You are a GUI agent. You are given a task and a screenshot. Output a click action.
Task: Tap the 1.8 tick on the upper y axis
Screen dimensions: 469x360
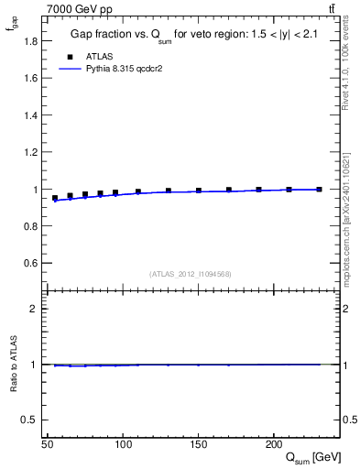(31, 40)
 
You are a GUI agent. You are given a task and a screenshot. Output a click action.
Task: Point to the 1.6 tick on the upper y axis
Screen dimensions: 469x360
(31, 78)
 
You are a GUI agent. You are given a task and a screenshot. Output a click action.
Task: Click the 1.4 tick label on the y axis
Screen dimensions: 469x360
(31, 115)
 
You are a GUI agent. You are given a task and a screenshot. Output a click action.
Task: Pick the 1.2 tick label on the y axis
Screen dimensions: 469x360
(31, 152)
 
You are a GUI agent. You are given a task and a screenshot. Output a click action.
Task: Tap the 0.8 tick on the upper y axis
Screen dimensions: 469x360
(31, 226)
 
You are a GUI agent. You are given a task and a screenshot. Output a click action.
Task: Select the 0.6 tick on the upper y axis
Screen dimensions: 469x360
(31, 263)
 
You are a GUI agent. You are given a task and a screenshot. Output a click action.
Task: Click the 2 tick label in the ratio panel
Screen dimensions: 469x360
(34, 309)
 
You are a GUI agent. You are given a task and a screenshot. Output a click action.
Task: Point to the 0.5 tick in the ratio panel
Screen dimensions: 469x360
(31, 420)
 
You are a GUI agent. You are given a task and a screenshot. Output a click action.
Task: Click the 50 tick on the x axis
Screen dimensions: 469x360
(47, 444)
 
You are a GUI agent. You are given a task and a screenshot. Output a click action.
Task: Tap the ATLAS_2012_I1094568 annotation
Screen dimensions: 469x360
(191, 274)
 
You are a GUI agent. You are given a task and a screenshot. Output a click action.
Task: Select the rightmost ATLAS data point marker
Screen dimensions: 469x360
(319, 190)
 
